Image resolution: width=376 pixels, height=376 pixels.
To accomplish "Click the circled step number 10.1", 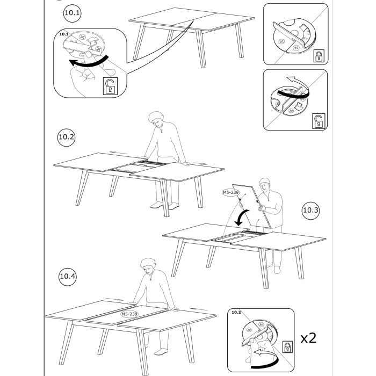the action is pyautogui.click(x=72, y=13).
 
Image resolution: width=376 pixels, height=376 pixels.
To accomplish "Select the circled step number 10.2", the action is pyautogui.click(x=66, y=137).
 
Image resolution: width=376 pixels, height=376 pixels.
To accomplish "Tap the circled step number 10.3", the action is pyautogui.click(x=310, y=211).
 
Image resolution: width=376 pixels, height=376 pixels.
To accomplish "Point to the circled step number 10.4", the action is pyautogui.click(x=67, y=277).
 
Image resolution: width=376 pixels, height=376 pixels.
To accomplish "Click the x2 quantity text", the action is pyautogui.click(x=309, y=338).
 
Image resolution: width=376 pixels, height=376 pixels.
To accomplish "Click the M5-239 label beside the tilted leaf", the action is pyautogui.click(x=230, y=192).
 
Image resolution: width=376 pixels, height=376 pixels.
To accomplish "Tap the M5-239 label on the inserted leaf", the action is pyautogui.click(x=129, y=314).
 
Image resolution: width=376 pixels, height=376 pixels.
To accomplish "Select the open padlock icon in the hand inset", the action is pyautogui.click(x=110, y=86).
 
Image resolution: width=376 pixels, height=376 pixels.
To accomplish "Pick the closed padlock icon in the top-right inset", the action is pyautogui.click(x=319, y=56).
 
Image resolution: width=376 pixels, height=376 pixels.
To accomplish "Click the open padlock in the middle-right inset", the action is pyautogui.click(x=319, y=121).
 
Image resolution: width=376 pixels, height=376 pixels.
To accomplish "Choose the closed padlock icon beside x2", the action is pyautogui.click(x=287, y=347).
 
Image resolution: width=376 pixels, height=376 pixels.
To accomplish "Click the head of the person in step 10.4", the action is pyautogui.click(x=148, y=266).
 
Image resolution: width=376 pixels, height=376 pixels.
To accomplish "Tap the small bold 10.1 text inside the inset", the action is pyautogui.click(x=64, y=34).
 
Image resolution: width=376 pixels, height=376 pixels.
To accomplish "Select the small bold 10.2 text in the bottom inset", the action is pyautogui.click(x=236, y=312).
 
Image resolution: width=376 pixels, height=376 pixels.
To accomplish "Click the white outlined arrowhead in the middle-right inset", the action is pyautogui.click(x=291, y=79).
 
